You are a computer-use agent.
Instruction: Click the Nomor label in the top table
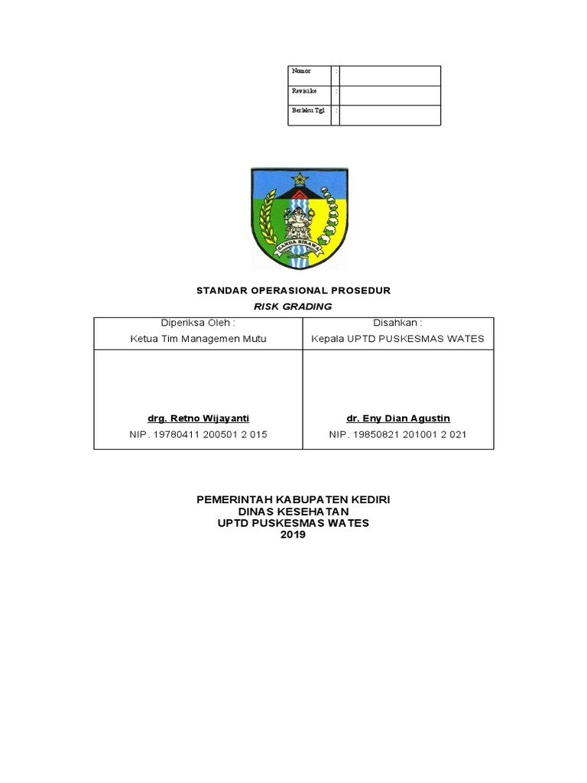click(x=301, y=71)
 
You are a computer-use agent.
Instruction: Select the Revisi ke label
click(x=303, y=91)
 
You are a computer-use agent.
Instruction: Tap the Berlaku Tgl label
click(x=308, y=111)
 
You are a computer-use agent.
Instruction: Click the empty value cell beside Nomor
click(x=390, y=75)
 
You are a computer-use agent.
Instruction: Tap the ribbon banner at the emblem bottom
click(x=299, y=245)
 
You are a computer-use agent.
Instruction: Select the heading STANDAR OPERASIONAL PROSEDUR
click(x=293, y=291)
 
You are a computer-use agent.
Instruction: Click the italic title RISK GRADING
click(x=293, y=307)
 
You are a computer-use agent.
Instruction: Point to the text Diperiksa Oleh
click(x=198, y=323)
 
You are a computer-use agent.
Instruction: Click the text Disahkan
click(x=397, y=323)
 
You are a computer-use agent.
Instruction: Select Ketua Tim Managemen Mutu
click(x=198, y=339)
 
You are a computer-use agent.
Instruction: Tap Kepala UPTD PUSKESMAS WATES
click(x=397, y=339)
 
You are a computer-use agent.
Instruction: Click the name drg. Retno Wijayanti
click(x=198, y=418)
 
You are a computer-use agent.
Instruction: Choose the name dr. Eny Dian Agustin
click(x=397, y=418)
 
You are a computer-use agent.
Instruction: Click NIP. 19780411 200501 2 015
click(x=198, y=434)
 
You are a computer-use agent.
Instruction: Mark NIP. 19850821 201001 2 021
click(x=397, y=434)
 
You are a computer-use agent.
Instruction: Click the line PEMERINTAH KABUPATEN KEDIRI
click(x=293, y=499)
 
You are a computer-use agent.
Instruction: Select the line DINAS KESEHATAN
click(x=293, y=512)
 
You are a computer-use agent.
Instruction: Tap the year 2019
click(x=293, y=535)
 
